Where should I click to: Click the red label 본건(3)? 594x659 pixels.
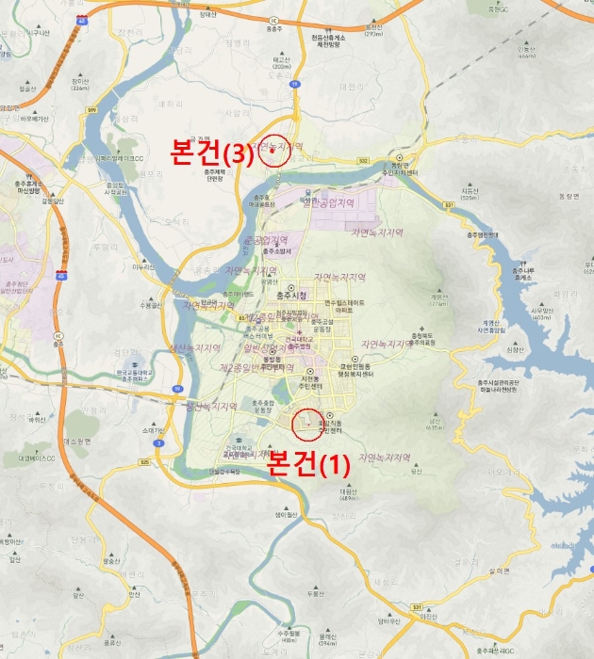click(x=211, y=152)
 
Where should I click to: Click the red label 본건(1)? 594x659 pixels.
click(x=309, y=464)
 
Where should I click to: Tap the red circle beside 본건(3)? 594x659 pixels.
click(x=274, y=153)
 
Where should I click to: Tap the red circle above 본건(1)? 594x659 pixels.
click(x=308, y=425)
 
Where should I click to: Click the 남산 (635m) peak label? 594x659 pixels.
click(x=435, y=425)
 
